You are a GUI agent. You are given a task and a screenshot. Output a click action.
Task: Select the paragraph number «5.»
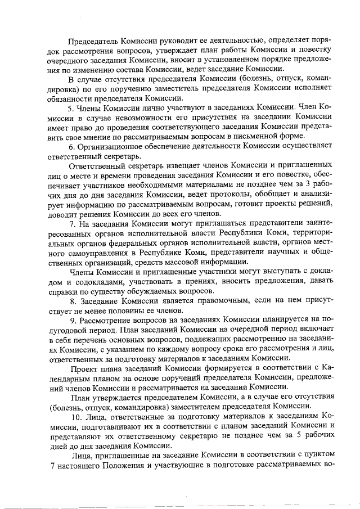(x=71, y=107)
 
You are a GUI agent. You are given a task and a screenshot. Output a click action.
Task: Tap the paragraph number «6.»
(x=71, y=146)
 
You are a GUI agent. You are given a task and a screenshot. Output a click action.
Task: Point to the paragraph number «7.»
(x=71, y=223)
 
